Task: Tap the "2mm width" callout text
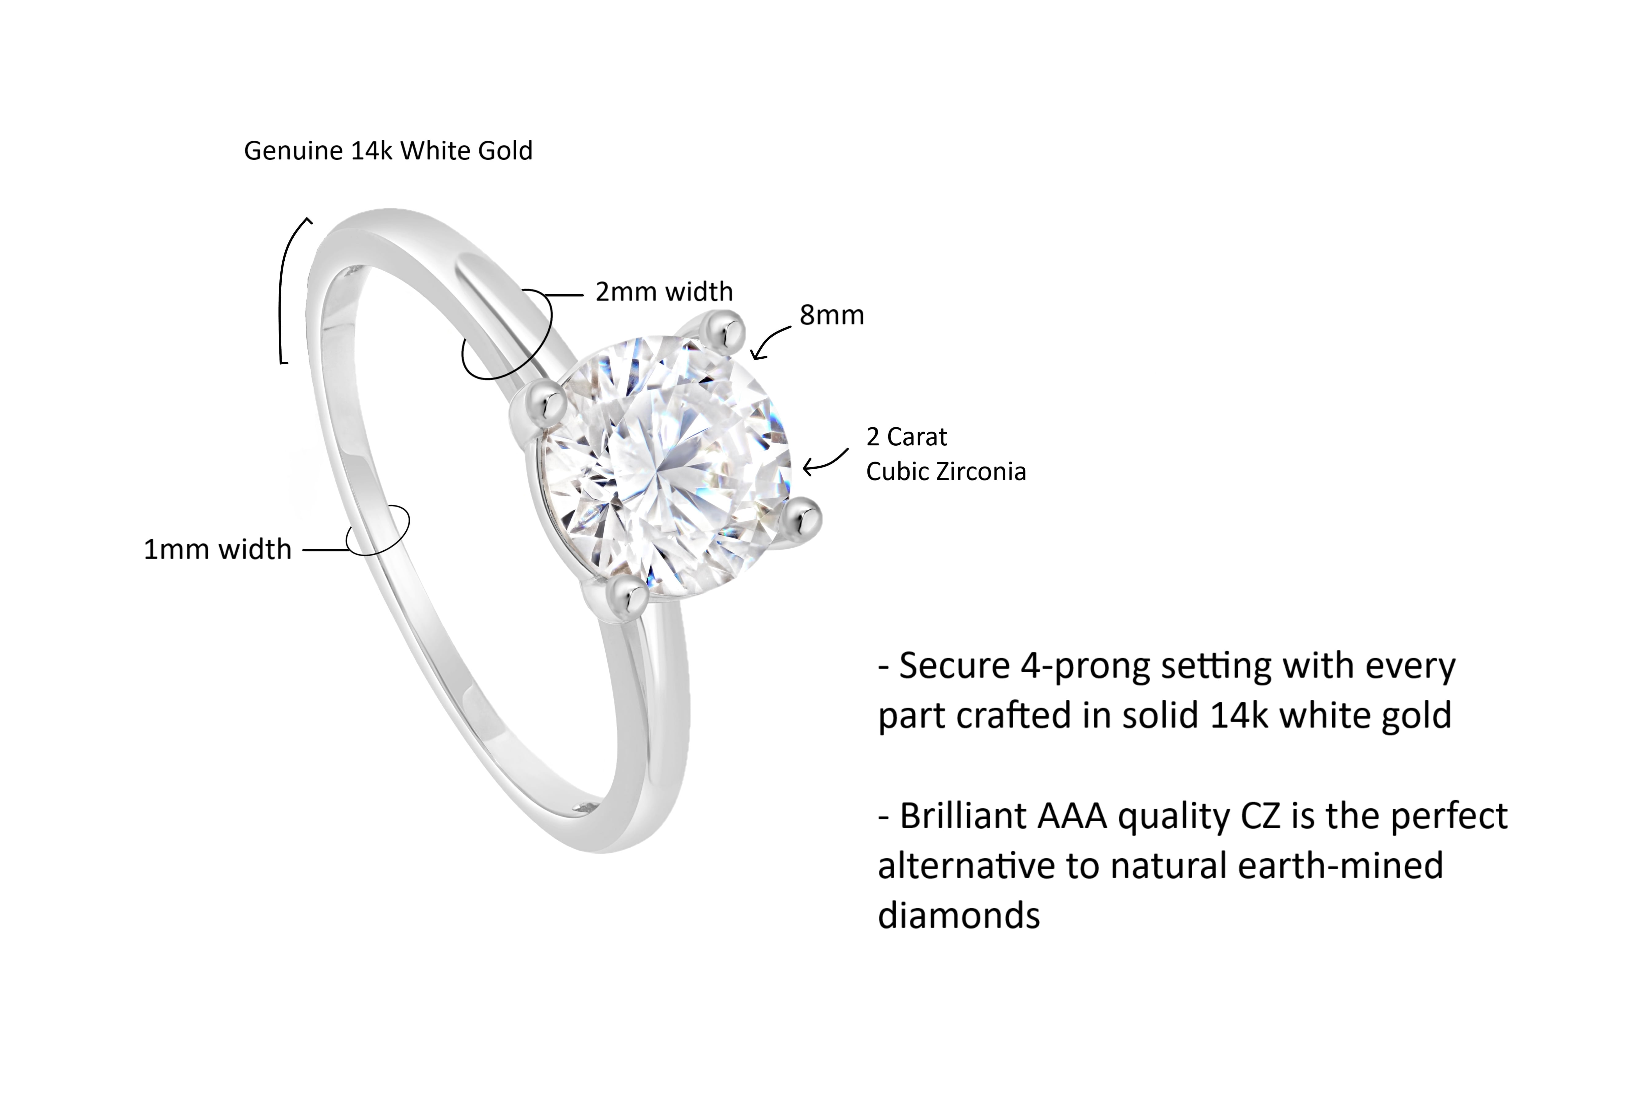point(664,291)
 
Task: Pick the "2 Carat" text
point(906,437)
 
